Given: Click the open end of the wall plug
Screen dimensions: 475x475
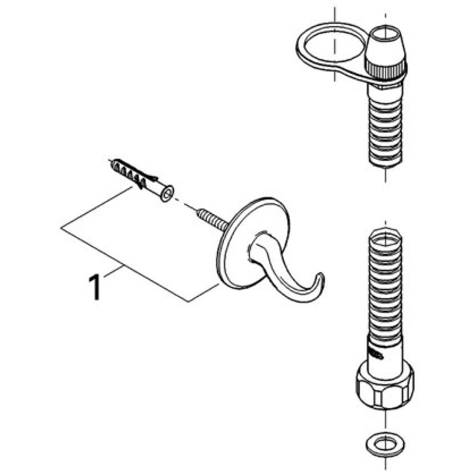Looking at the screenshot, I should [166, 194].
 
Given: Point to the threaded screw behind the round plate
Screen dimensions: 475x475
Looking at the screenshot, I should [212, 219].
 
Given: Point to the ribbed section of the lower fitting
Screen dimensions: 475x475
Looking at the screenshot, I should [385, 285].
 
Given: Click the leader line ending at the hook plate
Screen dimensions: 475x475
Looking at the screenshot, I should [204, 293].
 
